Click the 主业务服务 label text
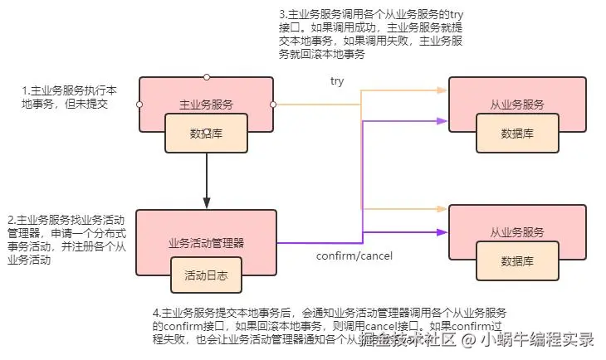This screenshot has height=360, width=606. click(x=206, y=105)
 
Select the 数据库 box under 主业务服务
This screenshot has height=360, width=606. click(x=206, y=132)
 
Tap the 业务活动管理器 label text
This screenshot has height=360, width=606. click(x=206, y=243)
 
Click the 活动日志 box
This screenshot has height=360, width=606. click(x=206, y=275)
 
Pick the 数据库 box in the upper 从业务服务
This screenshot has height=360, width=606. click(x=517, y=132)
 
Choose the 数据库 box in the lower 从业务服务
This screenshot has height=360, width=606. click(x=517, y=261)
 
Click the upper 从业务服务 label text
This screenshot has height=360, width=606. click(x=517, y=105)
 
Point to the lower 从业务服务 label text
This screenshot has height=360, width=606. click(x=517, y=232)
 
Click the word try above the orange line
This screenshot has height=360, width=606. click(x=337, y=81)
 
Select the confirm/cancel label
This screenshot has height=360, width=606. click(x=354, y=255)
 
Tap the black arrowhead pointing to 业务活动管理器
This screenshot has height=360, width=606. click(x=206, y=204)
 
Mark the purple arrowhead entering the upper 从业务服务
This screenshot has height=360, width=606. click(x=442, y=121)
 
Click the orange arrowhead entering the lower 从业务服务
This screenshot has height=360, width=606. click(x=442, y=208)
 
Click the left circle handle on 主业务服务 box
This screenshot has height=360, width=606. click(x=139, y=105)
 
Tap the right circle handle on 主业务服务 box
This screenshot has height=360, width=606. click(x=273, y=105)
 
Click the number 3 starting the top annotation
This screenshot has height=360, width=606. click(x=282, y=15)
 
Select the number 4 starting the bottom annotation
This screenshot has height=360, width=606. click(x=155, y=313)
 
